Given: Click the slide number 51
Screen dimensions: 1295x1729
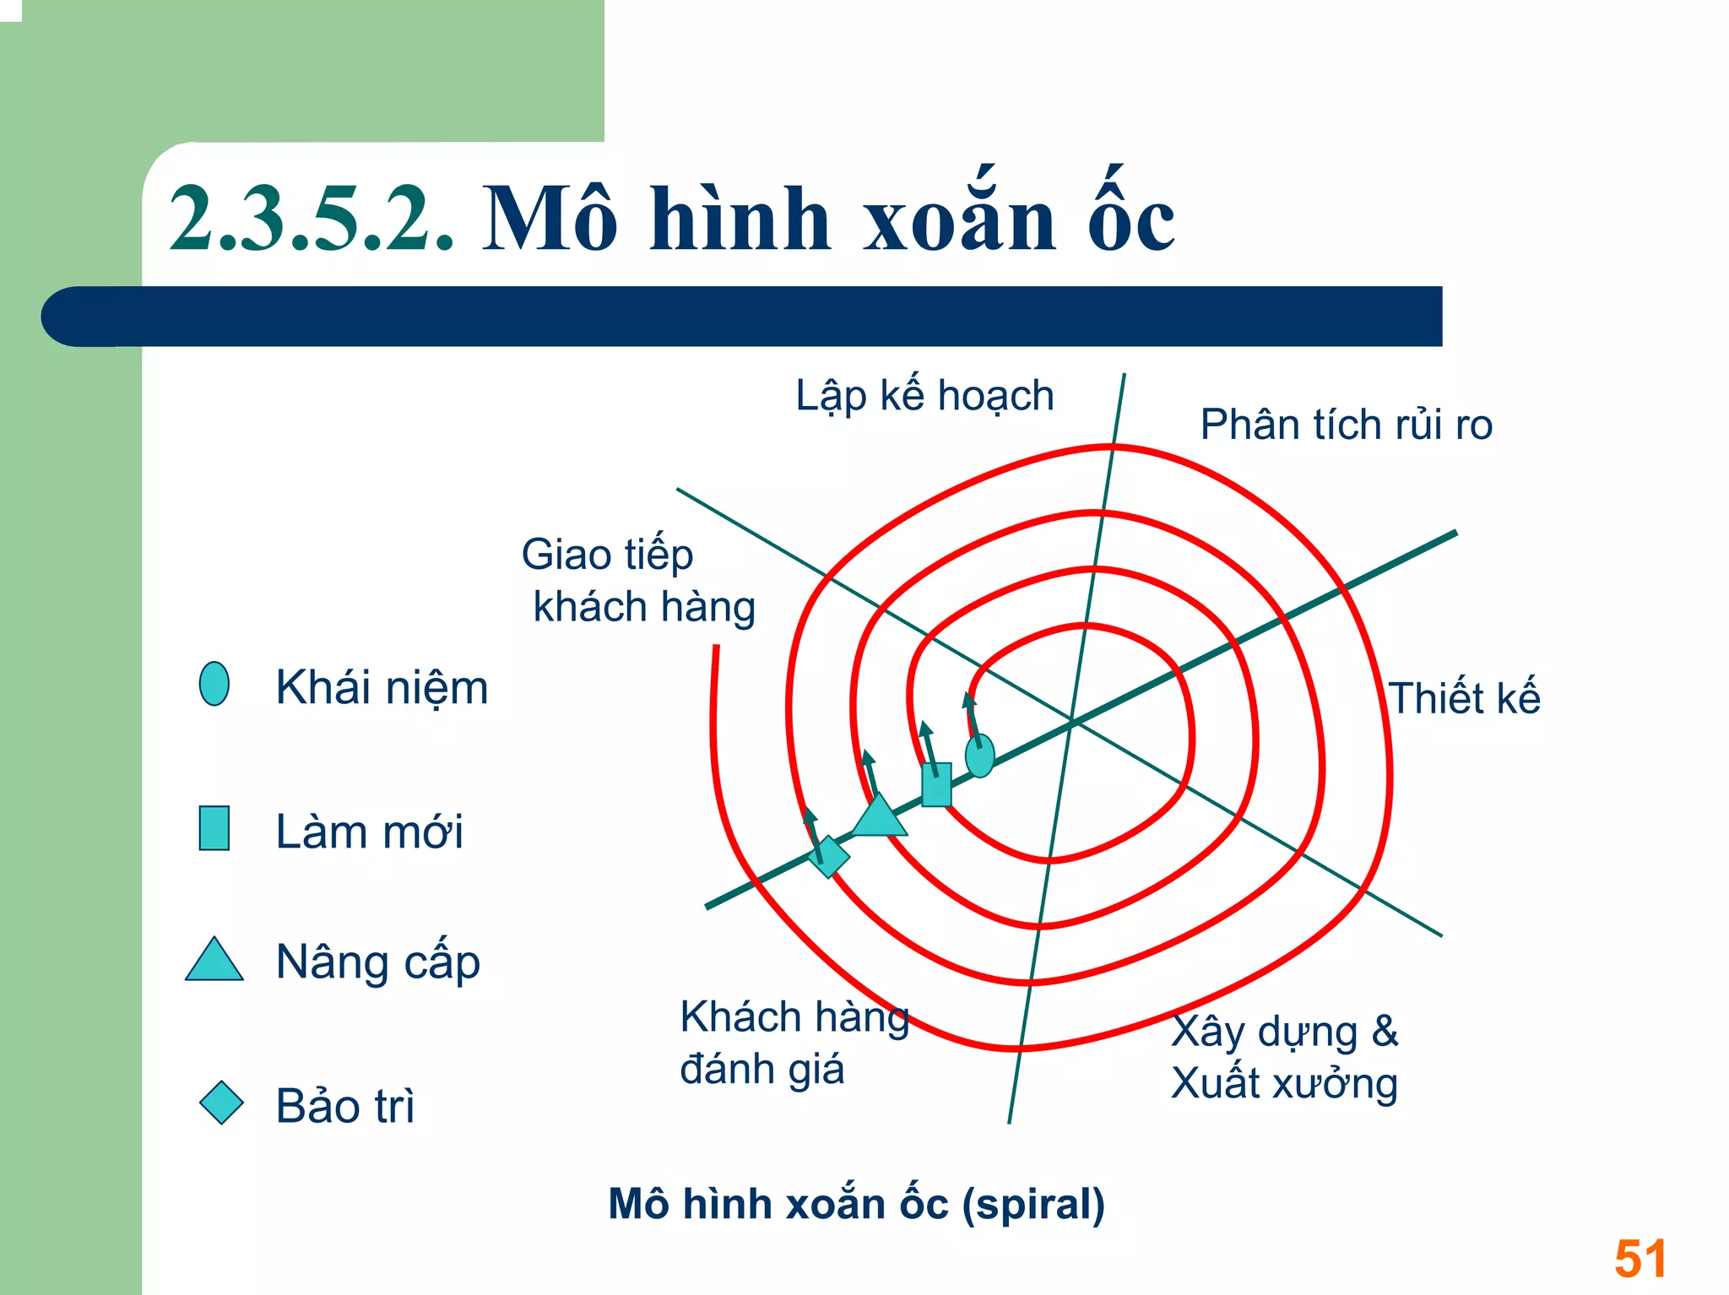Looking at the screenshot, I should (x=1640, y=1259).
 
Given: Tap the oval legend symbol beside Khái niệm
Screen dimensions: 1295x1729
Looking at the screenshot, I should (x=214, y=684).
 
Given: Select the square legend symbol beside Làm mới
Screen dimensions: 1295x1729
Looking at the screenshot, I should (x=214, y=828).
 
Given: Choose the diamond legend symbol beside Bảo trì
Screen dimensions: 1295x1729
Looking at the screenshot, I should (x=221, y=1103).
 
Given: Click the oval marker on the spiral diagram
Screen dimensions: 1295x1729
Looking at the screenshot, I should (x=979, y=755).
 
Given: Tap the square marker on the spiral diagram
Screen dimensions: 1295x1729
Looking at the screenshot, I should (x=936, y=784).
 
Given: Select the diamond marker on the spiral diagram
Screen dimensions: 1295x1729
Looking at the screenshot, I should (x=829, y=857).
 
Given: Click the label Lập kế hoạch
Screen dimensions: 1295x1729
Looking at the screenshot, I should (x=924, y=396).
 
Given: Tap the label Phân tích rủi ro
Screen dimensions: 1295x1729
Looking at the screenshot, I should (x=1346, y=425).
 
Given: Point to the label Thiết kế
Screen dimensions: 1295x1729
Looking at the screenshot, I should (x=1464, y=698).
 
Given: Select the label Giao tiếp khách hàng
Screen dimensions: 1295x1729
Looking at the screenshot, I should (x=637, y=581).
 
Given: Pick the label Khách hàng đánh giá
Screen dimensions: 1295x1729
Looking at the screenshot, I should (x=794, y=1043).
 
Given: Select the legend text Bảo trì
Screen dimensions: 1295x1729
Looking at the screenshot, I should (x=345, y=1106).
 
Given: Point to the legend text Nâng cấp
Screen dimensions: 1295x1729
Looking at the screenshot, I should (x=377, y=962).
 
